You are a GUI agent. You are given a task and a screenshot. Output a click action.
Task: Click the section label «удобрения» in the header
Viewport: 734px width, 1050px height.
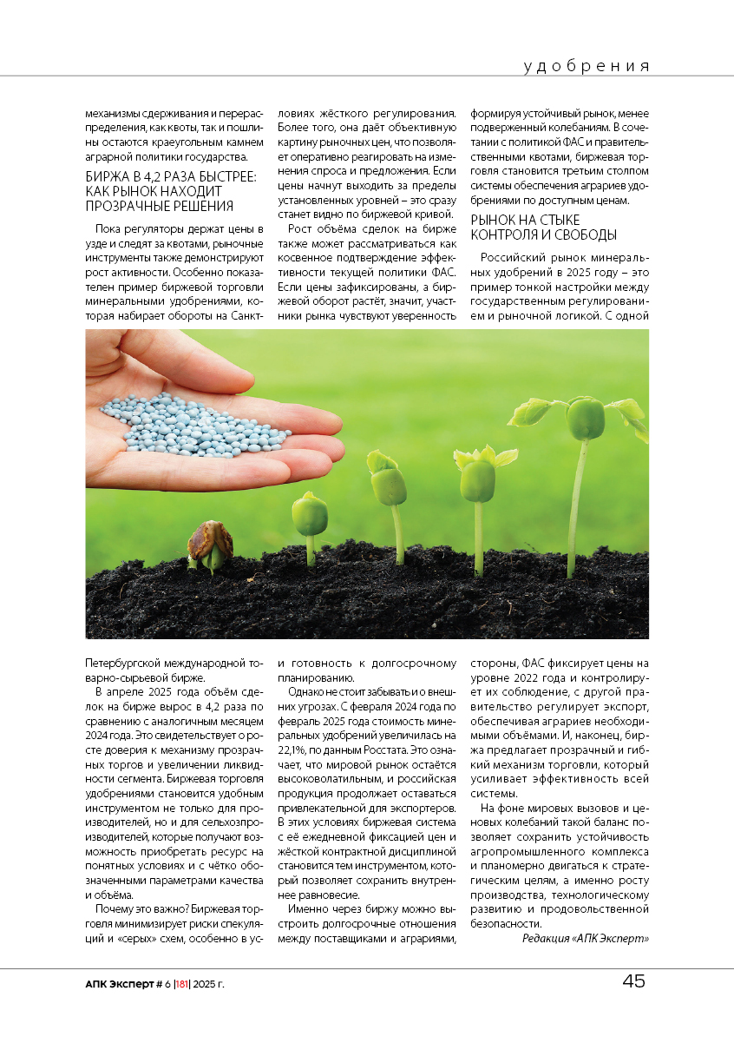pos(587,66)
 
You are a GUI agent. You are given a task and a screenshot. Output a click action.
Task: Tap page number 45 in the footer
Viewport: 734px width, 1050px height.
pos(633,981)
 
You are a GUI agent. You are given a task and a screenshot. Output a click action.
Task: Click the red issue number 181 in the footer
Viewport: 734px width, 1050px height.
pos(181,984)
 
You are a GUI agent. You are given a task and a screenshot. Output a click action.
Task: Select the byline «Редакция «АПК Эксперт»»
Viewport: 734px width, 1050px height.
pos(585,938)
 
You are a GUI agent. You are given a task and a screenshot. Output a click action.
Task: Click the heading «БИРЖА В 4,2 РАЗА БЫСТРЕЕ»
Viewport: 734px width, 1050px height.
pos(169,176)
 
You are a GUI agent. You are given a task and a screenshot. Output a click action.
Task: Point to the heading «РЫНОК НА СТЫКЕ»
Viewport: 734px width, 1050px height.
pos(525,220)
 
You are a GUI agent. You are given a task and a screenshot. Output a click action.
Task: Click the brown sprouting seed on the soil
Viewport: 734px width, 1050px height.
pos(210,543)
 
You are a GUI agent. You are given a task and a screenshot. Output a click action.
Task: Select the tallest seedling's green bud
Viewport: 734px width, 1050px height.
pos(586,419)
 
